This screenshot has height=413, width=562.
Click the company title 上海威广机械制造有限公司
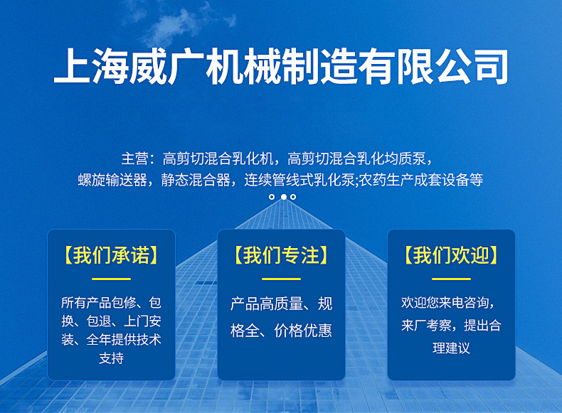(281, 67)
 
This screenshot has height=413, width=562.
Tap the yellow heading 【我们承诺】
(111, 255)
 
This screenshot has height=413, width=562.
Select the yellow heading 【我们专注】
(282, 255)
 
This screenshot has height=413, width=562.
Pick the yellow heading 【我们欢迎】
(451, 255)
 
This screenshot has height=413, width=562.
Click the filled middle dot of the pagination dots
(284, 197)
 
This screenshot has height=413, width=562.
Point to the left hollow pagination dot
(272, 197)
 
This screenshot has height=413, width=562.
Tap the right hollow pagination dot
(293, 197)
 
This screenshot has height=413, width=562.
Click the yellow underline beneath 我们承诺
(111, 279)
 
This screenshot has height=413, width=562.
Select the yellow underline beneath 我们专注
(282, 279)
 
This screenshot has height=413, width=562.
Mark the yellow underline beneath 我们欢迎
(451, 279)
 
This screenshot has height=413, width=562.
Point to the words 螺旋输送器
(112, 180)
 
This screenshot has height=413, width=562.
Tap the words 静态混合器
(196, 180)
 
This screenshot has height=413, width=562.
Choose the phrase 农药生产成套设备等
(421, 180)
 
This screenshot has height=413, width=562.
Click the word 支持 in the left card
(111, 358)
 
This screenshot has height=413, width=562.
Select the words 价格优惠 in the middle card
(303, 331)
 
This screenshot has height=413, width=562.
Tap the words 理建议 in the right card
(451, 348)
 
